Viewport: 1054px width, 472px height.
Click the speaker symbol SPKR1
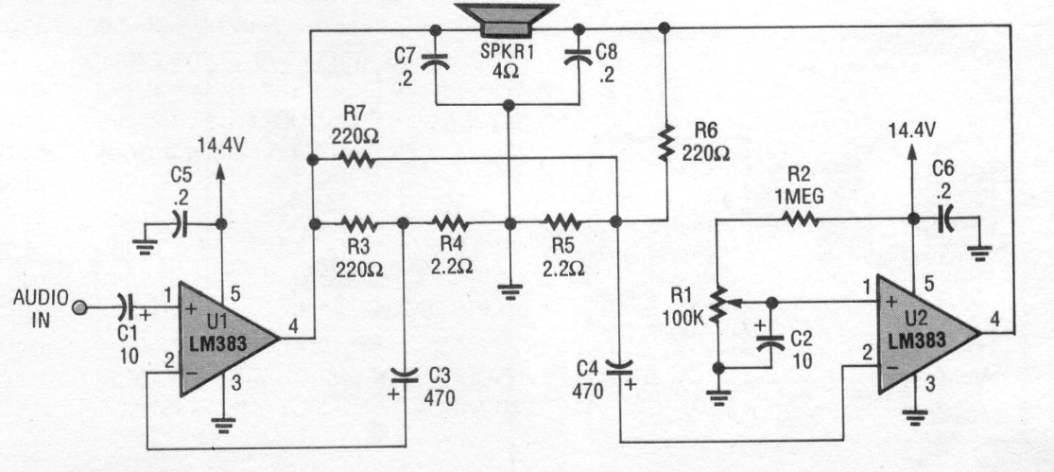click(507, 20)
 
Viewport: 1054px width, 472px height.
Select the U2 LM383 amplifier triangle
click(924, 334)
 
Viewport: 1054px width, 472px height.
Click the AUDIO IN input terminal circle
click(79, 308)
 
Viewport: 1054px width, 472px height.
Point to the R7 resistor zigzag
click(355, 159)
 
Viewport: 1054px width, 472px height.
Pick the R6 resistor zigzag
click(665, 142)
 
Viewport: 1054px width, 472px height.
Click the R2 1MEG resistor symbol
click(799, 219)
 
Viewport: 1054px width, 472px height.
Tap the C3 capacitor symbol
click(405, 374)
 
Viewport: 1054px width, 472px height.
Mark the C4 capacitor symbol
click(619, 367)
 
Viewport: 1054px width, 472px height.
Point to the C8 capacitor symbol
click(579, 59)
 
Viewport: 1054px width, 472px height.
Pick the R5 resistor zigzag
click(562, 221)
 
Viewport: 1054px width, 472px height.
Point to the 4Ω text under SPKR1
click(506, 70)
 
